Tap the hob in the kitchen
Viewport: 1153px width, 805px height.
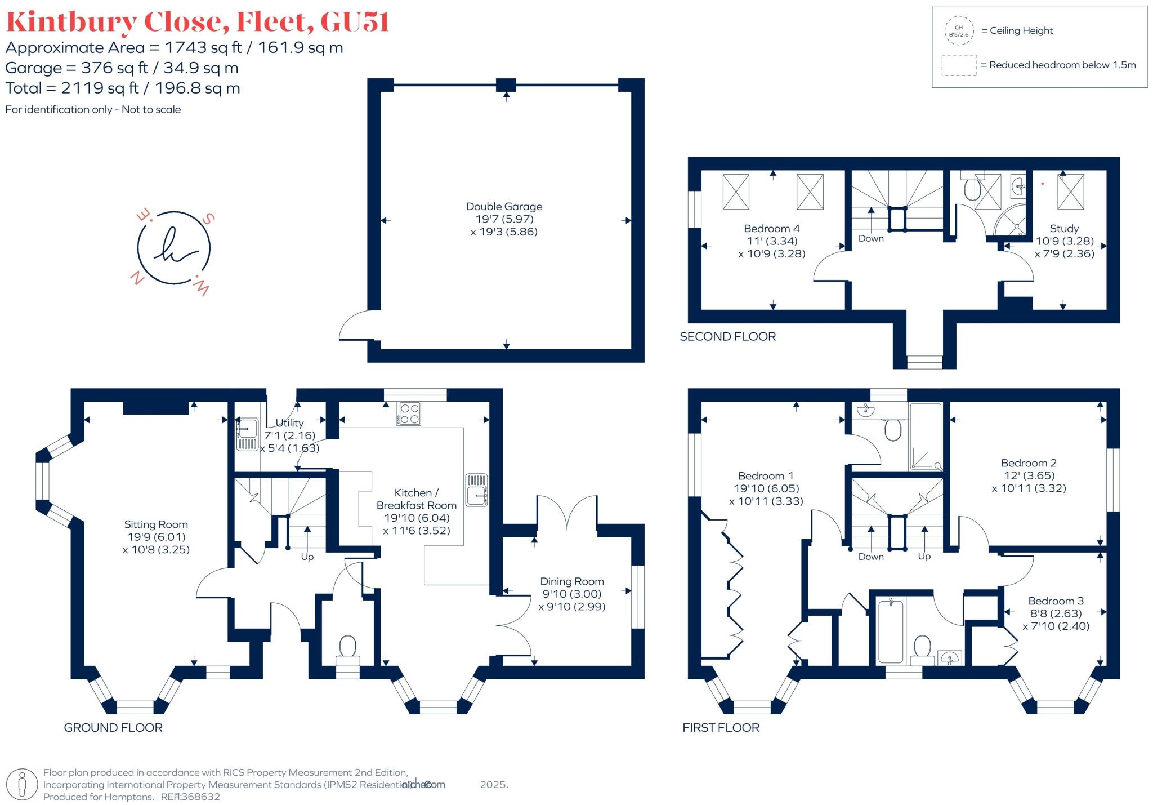(409, 413)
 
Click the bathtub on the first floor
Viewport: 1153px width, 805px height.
(891, 631)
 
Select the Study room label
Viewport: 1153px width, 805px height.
(1064, 229)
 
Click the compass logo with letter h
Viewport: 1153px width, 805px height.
(173, 248)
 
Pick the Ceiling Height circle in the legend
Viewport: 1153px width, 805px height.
(959, 30)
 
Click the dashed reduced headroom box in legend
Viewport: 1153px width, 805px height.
(959, 65)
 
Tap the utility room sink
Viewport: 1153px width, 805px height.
(247, 434)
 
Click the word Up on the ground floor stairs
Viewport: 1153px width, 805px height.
(307, 557)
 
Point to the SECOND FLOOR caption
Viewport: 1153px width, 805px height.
(727, 336)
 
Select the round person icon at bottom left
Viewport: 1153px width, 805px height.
(22, 784)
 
